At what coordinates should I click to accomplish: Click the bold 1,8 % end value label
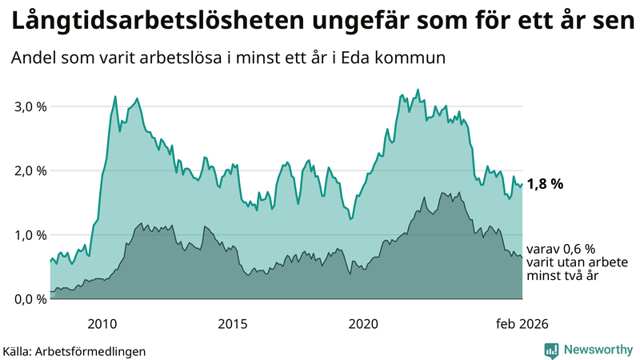point(545,184)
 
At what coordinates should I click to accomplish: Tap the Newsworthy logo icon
point(551,350)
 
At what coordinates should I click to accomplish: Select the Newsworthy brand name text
point(597,350)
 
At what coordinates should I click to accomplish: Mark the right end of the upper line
point(522,184)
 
